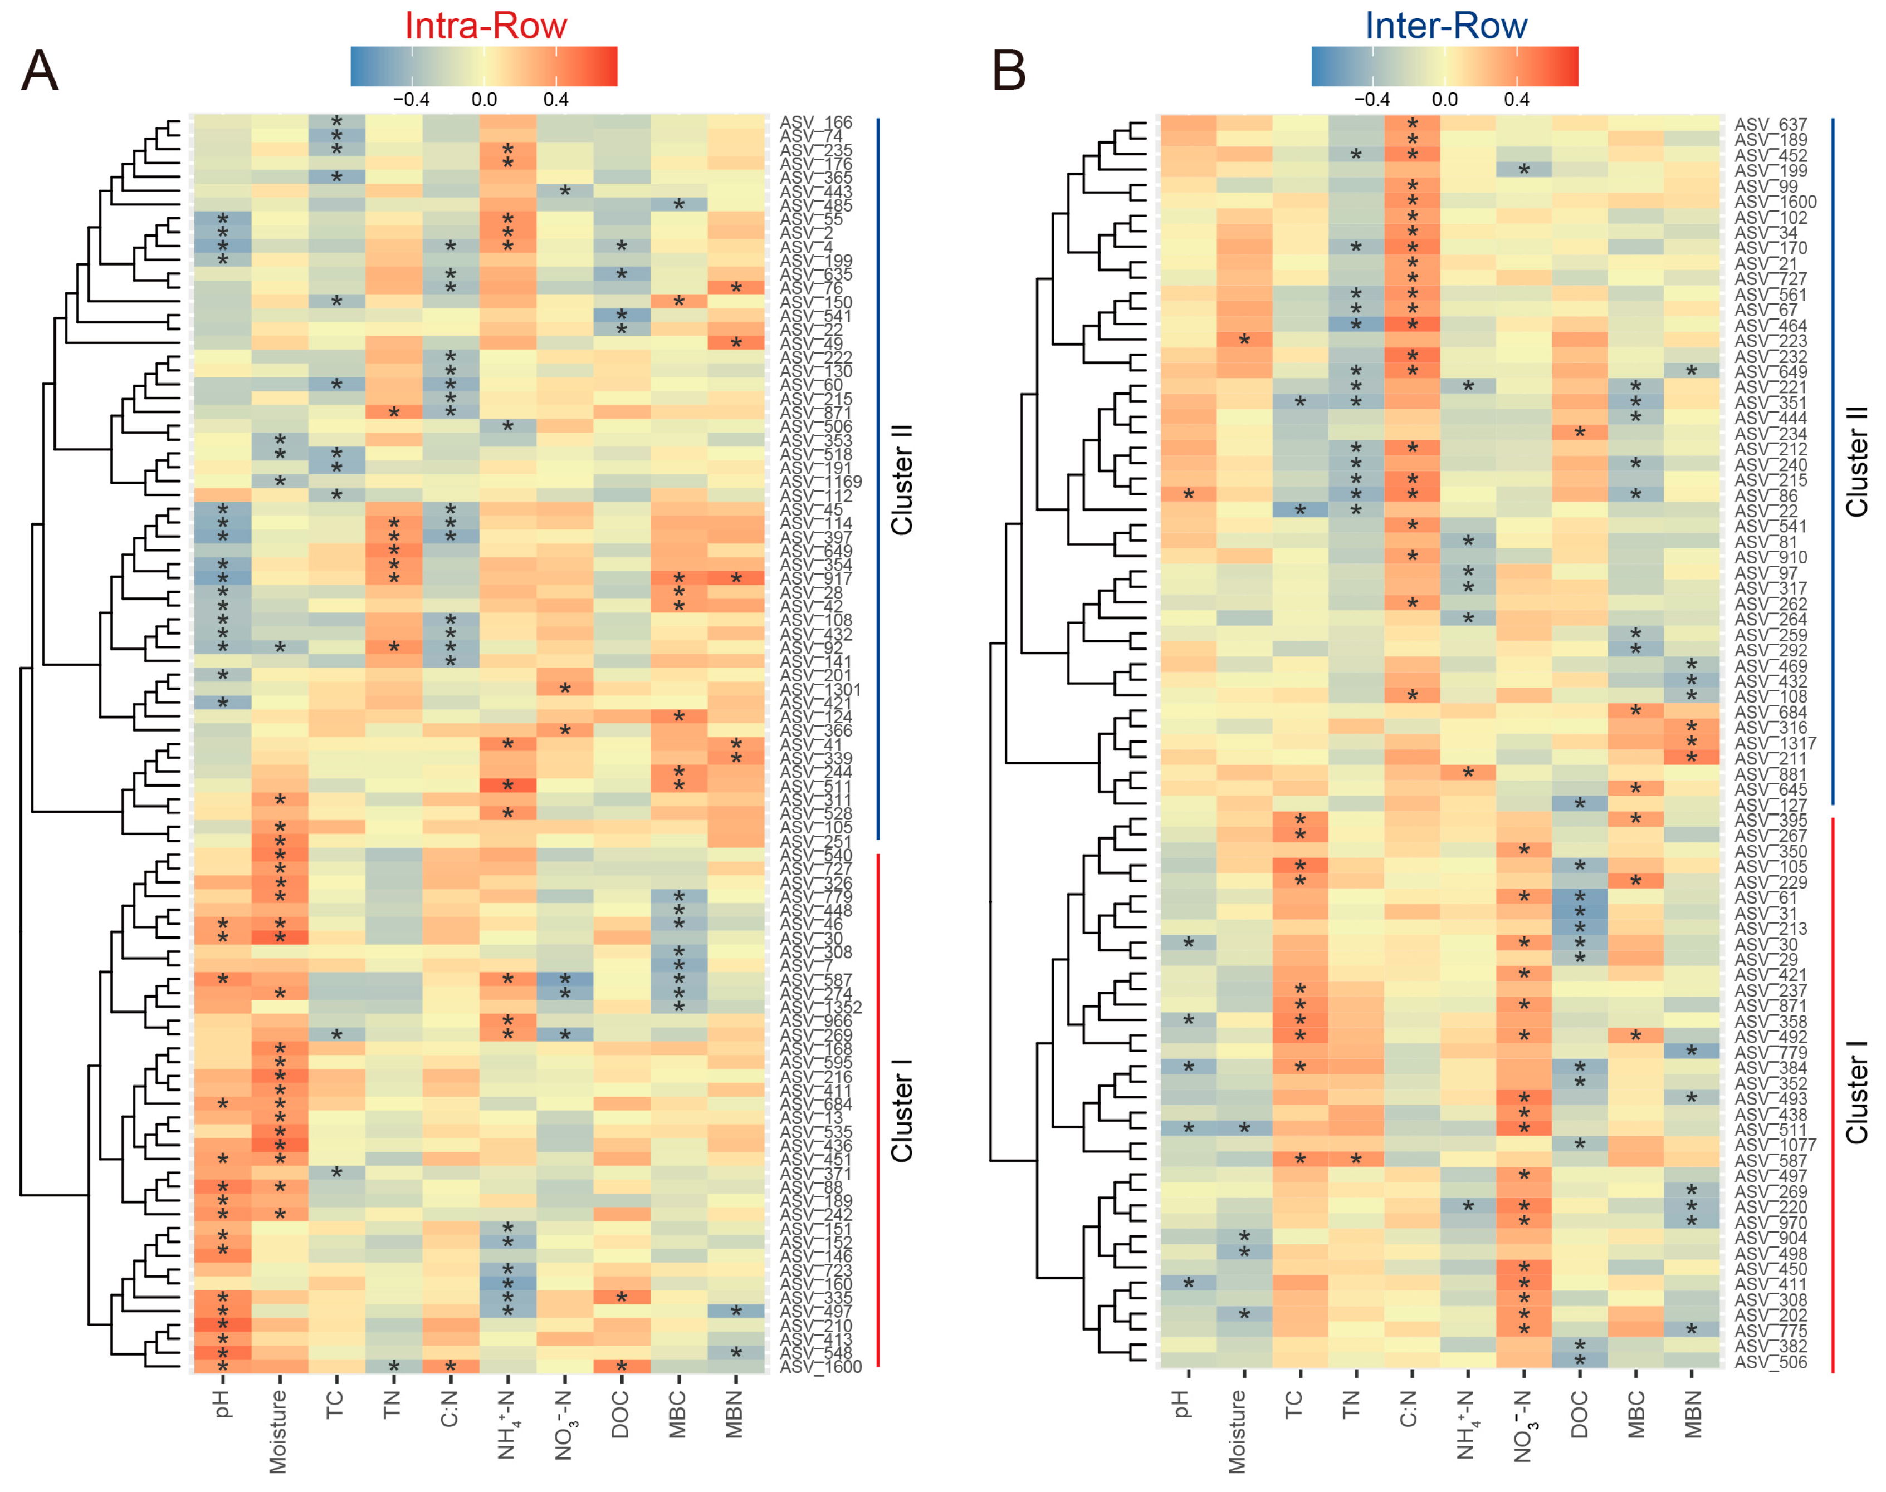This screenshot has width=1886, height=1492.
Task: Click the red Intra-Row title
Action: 485,26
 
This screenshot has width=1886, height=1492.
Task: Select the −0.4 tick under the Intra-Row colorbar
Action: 411,100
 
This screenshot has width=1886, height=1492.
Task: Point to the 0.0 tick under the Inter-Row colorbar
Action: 1445,100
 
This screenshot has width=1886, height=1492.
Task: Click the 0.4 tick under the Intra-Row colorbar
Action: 556,100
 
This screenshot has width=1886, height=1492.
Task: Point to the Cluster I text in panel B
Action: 1856,1092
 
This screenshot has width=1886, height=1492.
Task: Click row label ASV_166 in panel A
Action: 815,123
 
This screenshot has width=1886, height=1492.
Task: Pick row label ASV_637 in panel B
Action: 1771,125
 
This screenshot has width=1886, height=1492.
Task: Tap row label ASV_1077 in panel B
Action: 1775,1145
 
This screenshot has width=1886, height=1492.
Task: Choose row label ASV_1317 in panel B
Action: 1775,743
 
